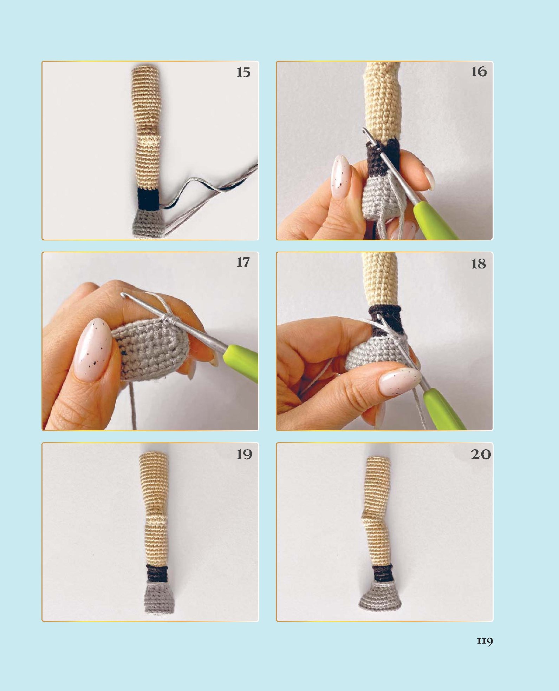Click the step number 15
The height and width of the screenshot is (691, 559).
tap(243, 72)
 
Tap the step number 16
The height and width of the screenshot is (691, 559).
tap(479, 72)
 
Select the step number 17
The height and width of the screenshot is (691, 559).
tap(243, 262)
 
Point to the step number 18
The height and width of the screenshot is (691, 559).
tap(479, 264)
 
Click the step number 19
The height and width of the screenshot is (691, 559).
tap(244, 454)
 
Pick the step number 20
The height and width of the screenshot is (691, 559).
tap(481, 454)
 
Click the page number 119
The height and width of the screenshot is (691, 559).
tap(485, 641)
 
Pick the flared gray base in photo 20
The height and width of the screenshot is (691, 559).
tap(381, 597)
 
